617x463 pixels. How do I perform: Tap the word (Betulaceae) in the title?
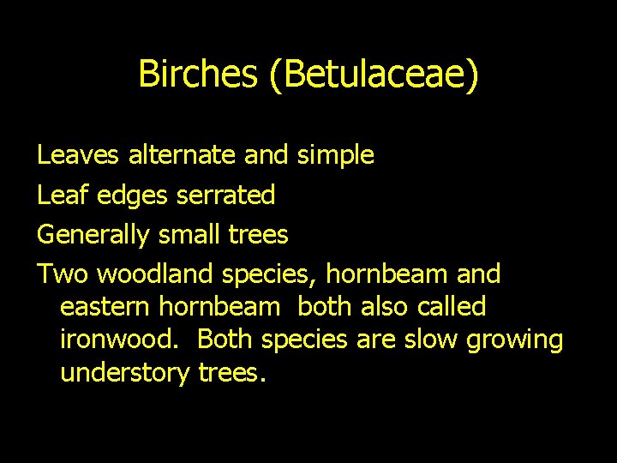[x=373, y=75]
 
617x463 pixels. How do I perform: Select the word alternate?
[x=183, y=155]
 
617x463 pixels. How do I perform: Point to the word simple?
[x=335, y=156]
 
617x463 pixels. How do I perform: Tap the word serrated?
[x=225, y=195]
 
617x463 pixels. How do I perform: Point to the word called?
[x=452, y=306]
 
